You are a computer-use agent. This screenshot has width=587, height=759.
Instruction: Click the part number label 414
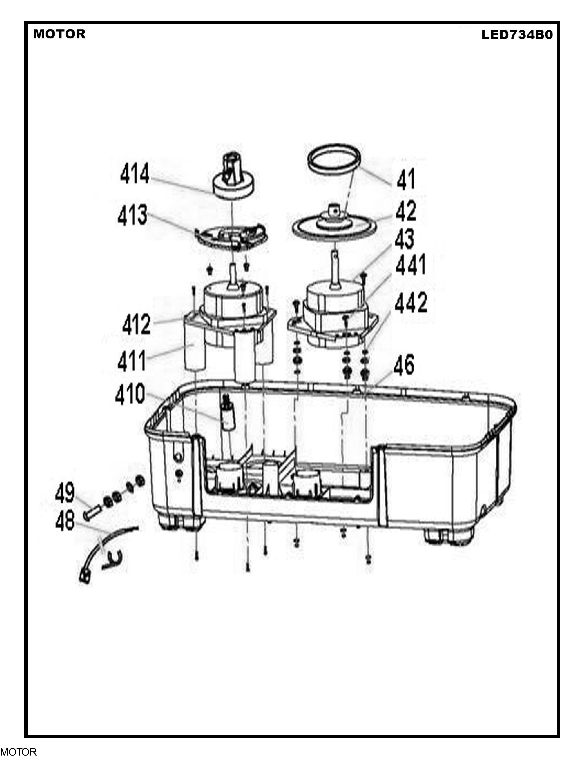pos(135,173)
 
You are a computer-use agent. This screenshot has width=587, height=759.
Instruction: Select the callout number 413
pos(133,215)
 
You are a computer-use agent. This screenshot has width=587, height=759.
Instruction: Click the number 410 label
pos(130,394)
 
